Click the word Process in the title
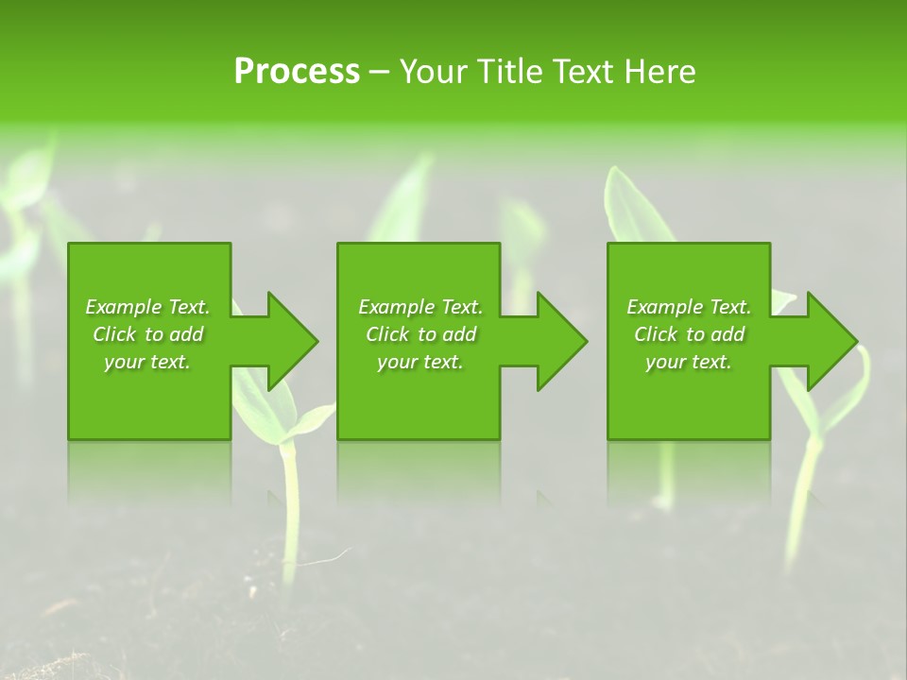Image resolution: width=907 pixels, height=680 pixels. (297, 72)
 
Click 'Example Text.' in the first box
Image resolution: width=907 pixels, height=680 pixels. (147, 307)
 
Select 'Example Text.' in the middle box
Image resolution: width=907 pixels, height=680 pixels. (420, 307)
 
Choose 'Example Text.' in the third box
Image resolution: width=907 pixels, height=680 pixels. (689, 307)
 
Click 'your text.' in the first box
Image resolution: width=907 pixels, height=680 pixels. (147, 362)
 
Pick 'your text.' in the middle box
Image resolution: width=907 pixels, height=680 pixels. (420, 362)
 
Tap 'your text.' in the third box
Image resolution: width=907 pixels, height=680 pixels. (689, 362)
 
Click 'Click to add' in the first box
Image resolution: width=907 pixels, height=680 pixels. (147, 334)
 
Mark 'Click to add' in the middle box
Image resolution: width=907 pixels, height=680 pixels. (420, 334)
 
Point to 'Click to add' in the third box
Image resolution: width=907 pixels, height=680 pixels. (689, 334)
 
